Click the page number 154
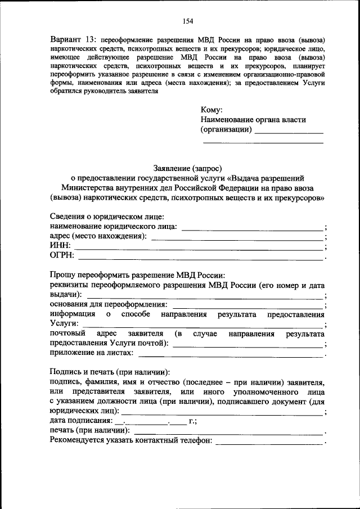[x=188, y=21]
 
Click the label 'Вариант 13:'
[x=73, y=42]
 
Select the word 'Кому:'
[x=212, y=110]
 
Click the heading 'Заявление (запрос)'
[x=188, y=168]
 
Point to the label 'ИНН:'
[x=60, y=246]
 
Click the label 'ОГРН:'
[x=62, y=257]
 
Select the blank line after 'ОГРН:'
[x=201, y=259]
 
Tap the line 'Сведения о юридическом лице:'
[x=107, y=217]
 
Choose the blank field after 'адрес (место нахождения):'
[x=237, y=239]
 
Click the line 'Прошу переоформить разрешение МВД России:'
[x=137, y=276]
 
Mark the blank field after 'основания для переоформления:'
[x=251, y=307]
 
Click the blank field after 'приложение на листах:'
[x=231, y=355]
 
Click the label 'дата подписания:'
[x=80, y=421]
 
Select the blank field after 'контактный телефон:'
[x=270, y=443]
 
